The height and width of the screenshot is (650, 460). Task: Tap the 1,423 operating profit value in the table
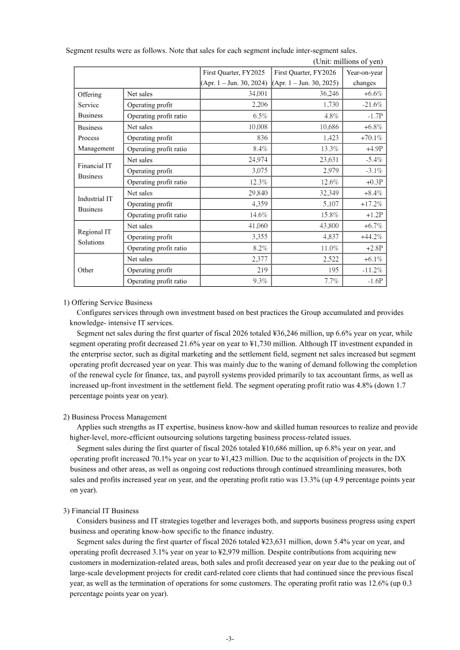pyautogui.click(x=328, y=139)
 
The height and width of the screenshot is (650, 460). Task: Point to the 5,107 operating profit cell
pyautogui.click(x=328, y=204)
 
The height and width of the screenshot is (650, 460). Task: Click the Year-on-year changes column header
pyautogui.click(x=364, y=78)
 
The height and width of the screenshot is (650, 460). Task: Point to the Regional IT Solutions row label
pyautogui.click(x=94, y=237)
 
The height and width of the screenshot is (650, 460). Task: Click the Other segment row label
pyautogui.click(x=86, y=270)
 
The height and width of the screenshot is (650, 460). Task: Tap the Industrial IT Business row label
pyautogui.click(x=95, y=204)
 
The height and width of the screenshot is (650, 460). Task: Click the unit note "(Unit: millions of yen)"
pyautogui.click(x=347, y=61)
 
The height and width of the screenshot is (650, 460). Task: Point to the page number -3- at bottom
pyautogui.click(x=229, y=639)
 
